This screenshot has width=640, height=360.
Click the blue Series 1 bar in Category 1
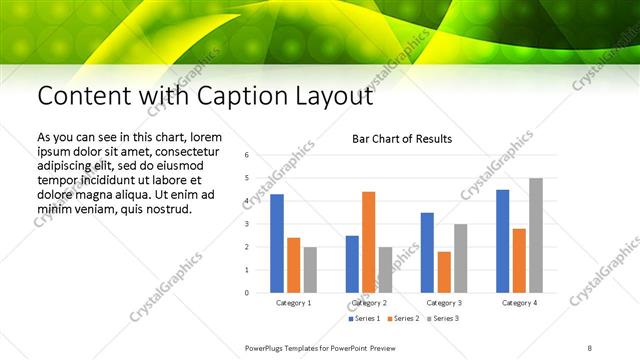tap(277, 244)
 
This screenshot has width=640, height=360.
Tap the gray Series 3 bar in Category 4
tap(536, 236)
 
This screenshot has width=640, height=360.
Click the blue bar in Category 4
tap(502, 241)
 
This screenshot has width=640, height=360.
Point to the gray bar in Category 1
tap(310, 270)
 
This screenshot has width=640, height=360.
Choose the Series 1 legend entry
tap(364, 318)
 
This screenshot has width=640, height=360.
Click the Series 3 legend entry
tap(443, 318)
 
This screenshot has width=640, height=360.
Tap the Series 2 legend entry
tap(403, 318)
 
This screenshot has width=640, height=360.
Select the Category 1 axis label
tap(293, 302)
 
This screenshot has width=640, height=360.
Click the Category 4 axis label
tap(519, 302)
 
